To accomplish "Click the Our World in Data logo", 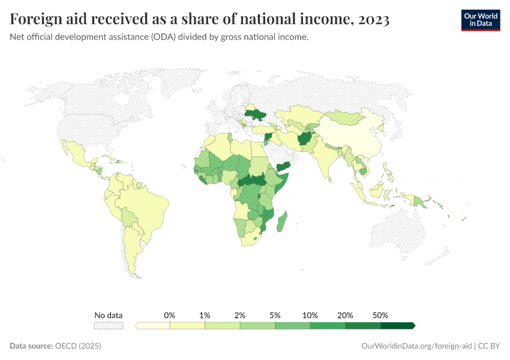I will click(480, 20).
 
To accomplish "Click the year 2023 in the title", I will click(373, 20).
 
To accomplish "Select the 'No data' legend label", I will click(109, 315).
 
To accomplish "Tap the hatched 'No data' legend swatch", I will click(109, 326).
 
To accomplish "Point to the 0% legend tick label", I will click(170, 315).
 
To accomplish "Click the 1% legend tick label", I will click(205, 315).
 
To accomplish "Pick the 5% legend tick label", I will click(275, 315).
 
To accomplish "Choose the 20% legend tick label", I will click(345, 315).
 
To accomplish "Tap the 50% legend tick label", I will click(380, 315).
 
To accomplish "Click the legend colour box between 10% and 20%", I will click(328, 326).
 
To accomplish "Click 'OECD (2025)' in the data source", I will click(78, 346).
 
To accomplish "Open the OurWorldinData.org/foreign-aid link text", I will click(416, 346).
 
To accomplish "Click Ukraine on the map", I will click(255, 115).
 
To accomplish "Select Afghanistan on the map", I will click(305, 139).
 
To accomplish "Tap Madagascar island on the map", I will click(282, 218).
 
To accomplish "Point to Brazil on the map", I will click(153, 207).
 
